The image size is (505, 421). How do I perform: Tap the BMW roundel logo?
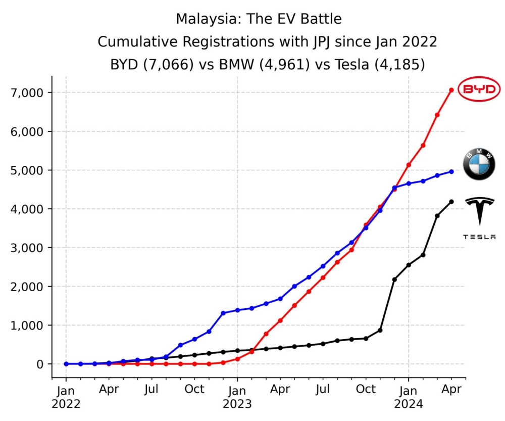click(479, 165)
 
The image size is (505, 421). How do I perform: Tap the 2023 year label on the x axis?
click(237, 404)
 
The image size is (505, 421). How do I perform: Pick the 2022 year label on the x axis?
click(66, 404)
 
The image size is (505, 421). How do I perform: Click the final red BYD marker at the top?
click(451, 90)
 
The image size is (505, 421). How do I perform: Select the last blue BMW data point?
click(451, 171)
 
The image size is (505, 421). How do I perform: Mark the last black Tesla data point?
click(451, 202)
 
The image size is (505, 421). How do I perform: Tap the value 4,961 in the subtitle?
click(284, 65)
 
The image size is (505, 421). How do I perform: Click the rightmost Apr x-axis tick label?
click(451, 390)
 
